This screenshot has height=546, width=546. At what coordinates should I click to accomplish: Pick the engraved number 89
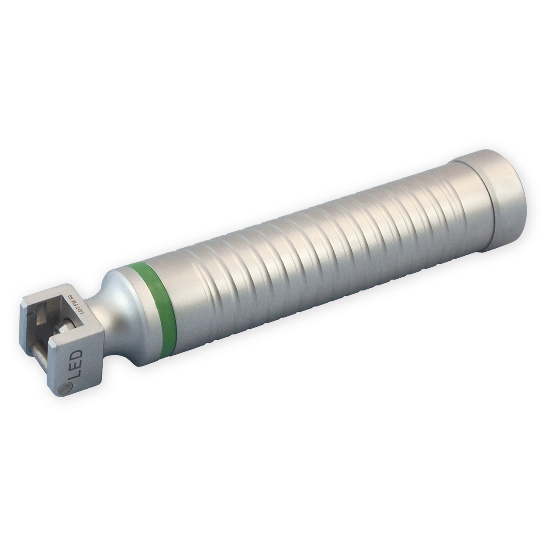69,300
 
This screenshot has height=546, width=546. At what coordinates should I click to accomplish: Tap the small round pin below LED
64,387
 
